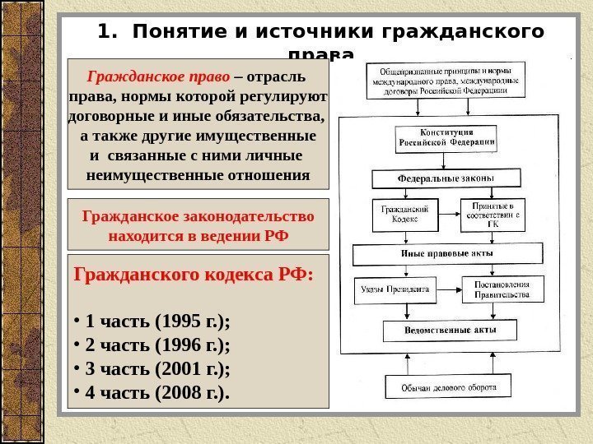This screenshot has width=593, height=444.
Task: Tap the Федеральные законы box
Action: [x=446, y=178]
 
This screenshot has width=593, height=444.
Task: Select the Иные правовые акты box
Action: [x=446, y=253]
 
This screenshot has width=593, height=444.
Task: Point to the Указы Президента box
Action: [x=394, y=289]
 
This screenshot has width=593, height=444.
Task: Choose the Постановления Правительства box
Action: [x=502, y=289]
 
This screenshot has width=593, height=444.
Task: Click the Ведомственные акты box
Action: [x=450, y=330]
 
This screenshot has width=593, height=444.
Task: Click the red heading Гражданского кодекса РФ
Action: [x=194, y=274]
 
